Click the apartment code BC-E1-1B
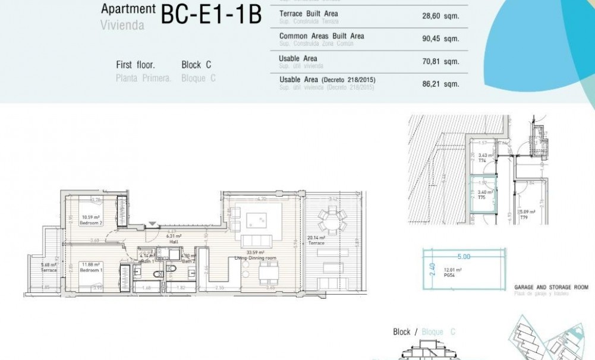pyautogui.click(x=211, y=15)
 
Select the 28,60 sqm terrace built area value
pyautogui.click(x=440, y=17)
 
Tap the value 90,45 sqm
pyautogui.click(x=440, y=39)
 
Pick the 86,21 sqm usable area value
pyautogui.click(x=440, y=84)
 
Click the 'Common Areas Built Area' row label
pyautogui.click(x=322, y=36)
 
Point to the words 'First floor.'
pyautogui.click(x=136, y=65)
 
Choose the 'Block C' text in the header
pyautogui.click(x=196, y=65)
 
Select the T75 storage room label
pyautogui.click(x=481, y=197)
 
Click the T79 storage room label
pyautogui.click(x=524, y=218)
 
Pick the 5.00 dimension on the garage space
pyautogui.click(x=463, y=257)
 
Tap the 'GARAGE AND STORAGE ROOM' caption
pyautogui.click(x=550, y=287)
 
